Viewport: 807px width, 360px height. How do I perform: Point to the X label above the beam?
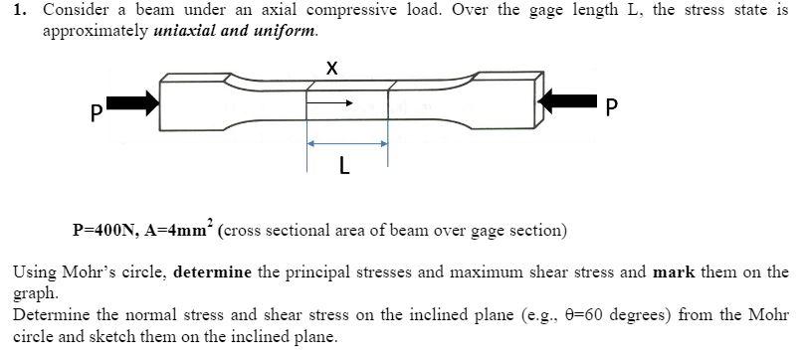tap(332, 68)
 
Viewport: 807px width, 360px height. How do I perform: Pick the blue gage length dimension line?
tap(346, 144)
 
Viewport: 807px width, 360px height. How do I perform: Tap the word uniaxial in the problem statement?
tap(188, 30)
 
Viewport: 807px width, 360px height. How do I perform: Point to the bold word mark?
tap(671, 271)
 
